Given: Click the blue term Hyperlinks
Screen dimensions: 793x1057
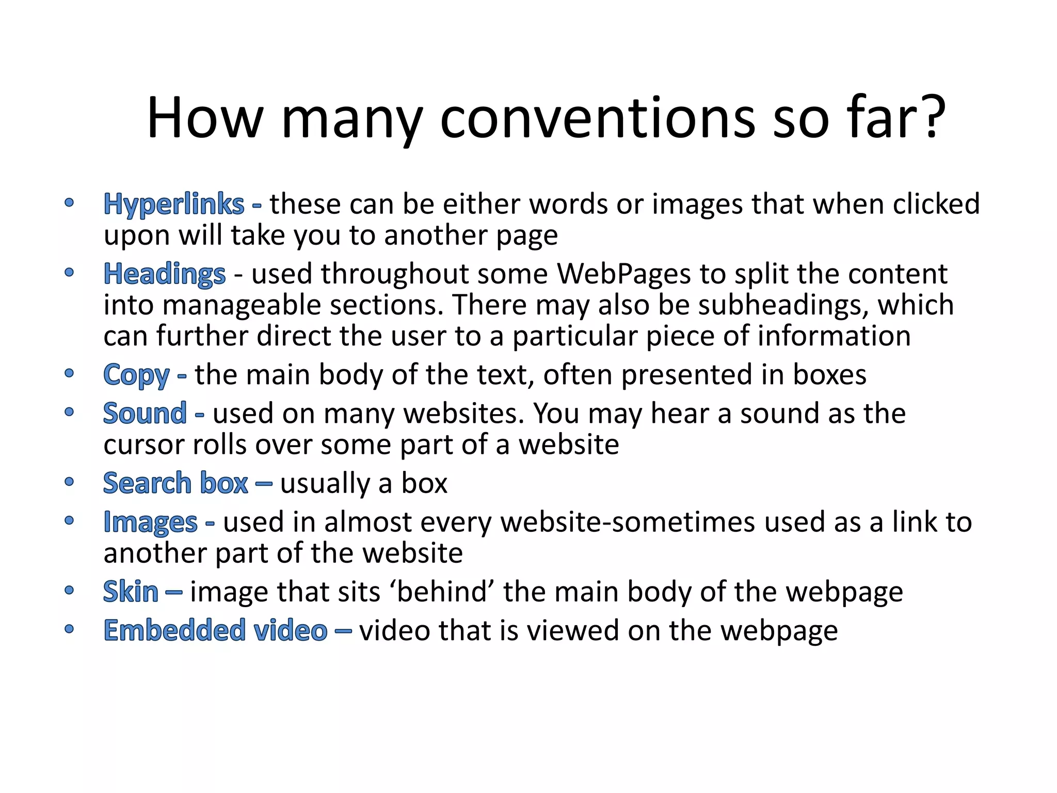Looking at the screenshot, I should (174, 204).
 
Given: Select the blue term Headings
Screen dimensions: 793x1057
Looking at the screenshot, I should (165, 274).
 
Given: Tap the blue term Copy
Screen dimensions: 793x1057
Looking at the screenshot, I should (136, 375).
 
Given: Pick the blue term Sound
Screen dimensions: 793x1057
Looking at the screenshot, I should (145, 414).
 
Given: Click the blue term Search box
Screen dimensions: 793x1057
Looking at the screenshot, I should (175, 484).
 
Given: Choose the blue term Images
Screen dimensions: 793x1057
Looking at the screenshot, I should (151, 522).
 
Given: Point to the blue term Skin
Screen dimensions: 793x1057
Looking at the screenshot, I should (131, 592).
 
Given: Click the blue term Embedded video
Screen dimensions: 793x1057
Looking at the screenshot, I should (215, 631).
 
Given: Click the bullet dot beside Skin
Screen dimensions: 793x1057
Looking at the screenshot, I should (69, 590).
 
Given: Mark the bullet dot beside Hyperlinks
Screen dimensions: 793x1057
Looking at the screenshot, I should (69, 202).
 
